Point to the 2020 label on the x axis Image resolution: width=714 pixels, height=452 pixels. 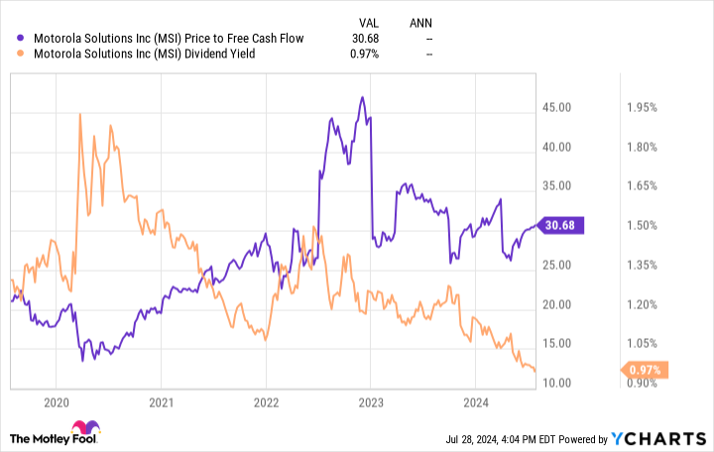pyautogui.click(x=56, y=403)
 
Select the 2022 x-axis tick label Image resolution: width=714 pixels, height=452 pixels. pyautogui.click(x=265, y=403)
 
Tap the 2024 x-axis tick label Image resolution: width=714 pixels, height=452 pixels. pyautogui.click(x=475, y=403)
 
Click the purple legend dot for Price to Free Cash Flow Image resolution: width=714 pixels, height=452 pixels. pyautogui.click(x=22, y=38)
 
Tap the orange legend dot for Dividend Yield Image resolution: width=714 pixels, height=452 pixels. pyautogui.click(x=22, y=55)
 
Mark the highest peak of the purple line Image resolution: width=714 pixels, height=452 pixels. pyautogui.click(x=363, y=97)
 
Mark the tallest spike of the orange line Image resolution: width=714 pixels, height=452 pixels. pyautogui.click(x=79, y=115)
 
